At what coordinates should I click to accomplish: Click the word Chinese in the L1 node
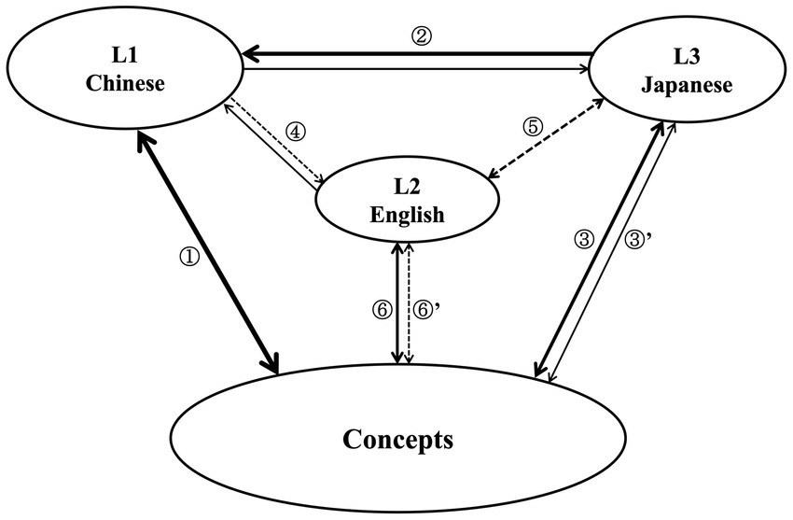point(125,84)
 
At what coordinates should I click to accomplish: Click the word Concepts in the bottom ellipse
point(397,438)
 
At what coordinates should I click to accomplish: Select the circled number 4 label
point(295,132)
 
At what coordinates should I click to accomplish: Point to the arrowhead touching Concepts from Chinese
point(273,366)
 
